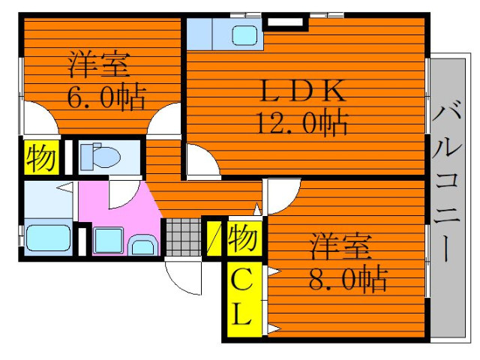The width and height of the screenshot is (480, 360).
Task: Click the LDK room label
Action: pyautogui.click(x=303, y=91)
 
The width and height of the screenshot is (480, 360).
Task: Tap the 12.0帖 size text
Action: pyautogui.click(x=302, y=123)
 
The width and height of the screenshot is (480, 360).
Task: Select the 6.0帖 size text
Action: pyautogui.click(x=106, y=97)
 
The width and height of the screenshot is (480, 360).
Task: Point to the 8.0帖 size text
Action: pyautogui.click(x=348, y=279)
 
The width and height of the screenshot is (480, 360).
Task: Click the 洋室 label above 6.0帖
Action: pyautogui.click(x=99, y=64)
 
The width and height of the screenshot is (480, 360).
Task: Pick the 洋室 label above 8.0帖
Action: pyautogui.click(x=340, y=246)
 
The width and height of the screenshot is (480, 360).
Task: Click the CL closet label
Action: pyautogui.click(x=241, y=298)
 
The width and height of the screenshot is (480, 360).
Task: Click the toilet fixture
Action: pyautogui.click(x=100, y=157)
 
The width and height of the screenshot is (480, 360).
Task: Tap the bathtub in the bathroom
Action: pyautogui.click(x=48, y=238)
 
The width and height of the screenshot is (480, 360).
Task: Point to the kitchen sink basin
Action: pyautogui.click(x=244, y=35)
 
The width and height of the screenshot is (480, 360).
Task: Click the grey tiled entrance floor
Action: pyautogui.click(x=183, y=237)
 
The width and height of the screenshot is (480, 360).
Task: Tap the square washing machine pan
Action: pyautogui.click(x=108, y=240)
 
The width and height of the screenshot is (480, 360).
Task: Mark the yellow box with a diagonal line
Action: pyautogui.click(x=214, y=238)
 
